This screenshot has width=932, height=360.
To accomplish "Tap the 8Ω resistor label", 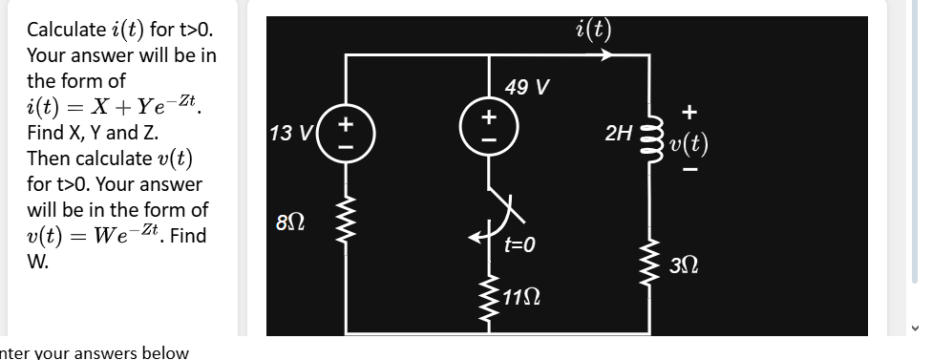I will (x=291, y=225).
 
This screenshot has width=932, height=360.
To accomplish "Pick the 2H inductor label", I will (x=619, y=133).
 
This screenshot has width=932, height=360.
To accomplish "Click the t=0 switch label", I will (x=519, y=245).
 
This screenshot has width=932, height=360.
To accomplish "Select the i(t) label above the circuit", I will (x=594, y=30).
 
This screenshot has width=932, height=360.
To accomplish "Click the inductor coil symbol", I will (x=651, y=134).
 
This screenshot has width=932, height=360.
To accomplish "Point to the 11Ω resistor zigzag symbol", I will (x=489, y=296).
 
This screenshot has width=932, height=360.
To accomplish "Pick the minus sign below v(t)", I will (x=689, y=172).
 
